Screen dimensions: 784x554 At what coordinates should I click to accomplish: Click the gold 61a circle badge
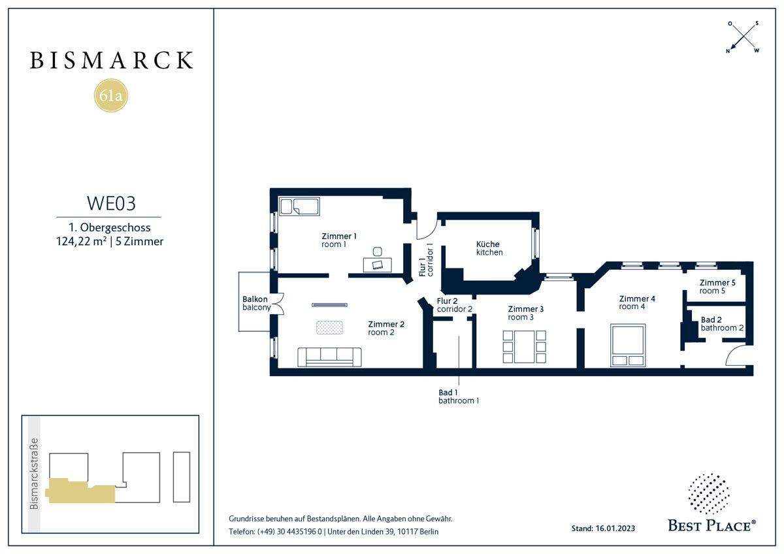pyautogui.click(x=111, y=95)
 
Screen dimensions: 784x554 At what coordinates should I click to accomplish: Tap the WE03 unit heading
pyautogui.click(x=111, y=203)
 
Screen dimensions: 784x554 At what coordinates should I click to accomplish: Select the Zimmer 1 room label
pyautogui.click(x=339, y=240)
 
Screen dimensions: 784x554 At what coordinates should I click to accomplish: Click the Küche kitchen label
pyautogui.click(x=489, y=248)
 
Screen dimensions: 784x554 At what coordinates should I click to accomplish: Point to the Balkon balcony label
pyautogui.click(x=257, y=303)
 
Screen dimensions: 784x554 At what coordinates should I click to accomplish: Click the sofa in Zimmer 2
pyautogui.click(x=329, y=357)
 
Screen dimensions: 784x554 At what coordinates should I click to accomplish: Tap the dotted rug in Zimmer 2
pyautogui.click(x=329, y=327)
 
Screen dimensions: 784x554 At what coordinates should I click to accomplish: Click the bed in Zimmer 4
pyautogui.click(x=628, y=346)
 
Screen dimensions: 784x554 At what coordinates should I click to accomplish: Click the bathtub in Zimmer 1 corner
pyautogui.click(x=299, y=206)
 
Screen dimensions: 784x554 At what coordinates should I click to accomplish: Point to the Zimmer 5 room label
pyautogui.click(x=717, y=287)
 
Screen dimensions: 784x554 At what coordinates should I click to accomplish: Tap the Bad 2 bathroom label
pyautogui.click(x=722, y=324)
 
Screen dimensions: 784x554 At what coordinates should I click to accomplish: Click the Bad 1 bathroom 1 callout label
pyautogui.click(x=459, y=397)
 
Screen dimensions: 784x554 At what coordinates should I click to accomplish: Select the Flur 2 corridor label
pyautogui.click(x=454, y=305)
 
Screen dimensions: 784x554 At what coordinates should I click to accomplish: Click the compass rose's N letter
pyautogui.click(x=728, y=51)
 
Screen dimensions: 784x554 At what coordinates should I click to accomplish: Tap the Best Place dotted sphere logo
pyautogui.click(x=709, y=493)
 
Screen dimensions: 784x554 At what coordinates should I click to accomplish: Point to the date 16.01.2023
pyautogui.click(x=615, y=528)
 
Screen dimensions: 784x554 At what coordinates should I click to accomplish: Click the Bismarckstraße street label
pyautogui.click(x=34, y=474)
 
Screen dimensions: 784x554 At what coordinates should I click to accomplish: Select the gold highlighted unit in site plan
pyautogui.click(x=80, y=491)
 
